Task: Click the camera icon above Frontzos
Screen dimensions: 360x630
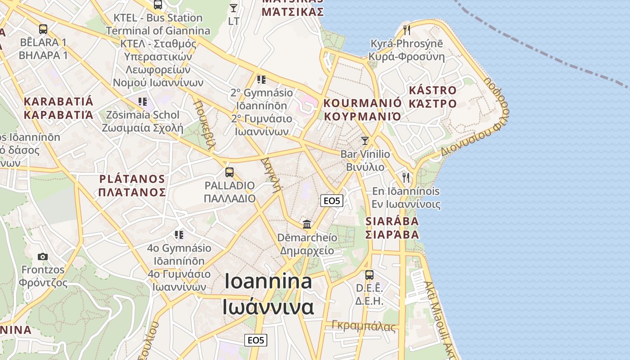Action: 43,256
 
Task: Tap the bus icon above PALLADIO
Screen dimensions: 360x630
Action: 229,172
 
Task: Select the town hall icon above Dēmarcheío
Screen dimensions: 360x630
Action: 307,224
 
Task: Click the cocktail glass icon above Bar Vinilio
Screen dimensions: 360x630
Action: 365,140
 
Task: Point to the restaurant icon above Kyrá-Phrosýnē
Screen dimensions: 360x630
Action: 407,30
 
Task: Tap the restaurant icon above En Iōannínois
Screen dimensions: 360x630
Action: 406,177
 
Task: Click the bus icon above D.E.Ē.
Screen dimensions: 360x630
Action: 369,274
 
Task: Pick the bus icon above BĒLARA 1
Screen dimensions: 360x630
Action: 43,29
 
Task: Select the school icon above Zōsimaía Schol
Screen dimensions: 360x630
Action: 143,101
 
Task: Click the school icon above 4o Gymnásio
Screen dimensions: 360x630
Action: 179,234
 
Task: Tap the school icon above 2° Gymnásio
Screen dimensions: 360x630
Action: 261,80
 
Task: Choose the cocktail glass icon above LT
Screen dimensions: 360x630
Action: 233,8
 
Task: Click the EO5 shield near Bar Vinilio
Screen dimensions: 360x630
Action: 332,201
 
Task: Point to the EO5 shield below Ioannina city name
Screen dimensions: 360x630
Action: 256,340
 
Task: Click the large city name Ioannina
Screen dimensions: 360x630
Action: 268,294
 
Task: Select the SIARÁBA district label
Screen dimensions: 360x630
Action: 392,228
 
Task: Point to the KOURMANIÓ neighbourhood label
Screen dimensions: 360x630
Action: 362,110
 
